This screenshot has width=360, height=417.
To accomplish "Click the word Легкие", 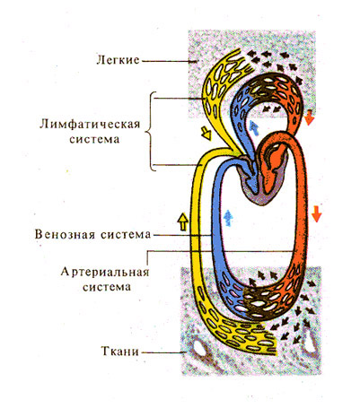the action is [118, 60].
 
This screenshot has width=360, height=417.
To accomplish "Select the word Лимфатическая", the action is [90, 124].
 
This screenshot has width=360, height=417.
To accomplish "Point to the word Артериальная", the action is [105, 273].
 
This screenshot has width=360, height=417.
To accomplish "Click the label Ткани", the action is [120, 352].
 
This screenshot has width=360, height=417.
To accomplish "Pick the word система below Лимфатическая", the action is [94, 140].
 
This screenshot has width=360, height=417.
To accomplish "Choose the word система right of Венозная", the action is [126, 234].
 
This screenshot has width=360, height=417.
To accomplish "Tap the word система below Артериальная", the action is [107, 287].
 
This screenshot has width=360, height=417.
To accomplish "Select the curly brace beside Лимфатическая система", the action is [151, 131].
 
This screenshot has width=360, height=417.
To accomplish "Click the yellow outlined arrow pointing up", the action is [182, 222].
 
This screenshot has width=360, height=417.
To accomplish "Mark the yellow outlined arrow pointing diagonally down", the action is [206, 133].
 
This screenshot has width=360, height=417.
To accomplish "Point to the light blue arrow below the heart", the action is [228, 218].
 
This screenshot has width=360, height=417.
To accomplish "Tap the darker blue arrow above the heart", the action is [254, 128].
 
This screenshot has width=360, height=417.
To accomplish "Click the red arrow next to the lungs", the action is [310, 118].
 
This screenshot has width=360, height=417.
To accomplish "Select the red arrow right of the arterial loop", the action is [316, 214].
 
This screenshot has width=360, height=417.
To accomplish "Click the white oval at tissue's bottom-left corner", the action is [199, 349].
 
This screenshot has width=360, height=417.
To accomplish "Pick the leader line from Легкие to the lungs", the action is [169, 61].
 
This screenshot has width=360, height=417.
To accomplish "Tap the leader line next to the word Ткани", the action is [163, 352].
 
